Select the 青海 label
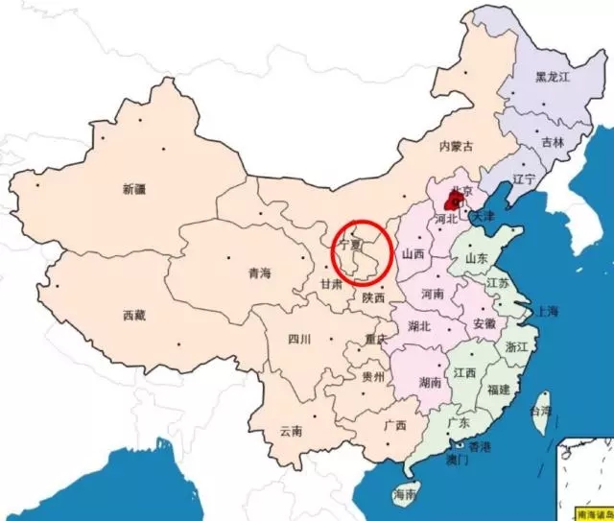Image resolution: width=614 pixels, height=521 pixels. pyautogui.click(x=259, y=272)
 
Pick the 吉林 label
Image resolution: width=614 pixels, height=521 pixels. pyautogui.click(x=553, y=141)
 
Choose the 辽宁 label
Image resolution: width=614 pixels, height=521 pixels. pyautogui.click(x=523, y=178)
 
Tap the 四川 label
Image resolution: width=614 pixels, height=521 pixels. pyautogui.click(x=299, y=339)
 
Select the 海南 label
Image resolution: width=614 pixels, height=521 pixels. pyautogui.click(x=405, y=495)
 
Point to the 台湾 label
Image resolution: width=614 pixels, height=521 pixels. pyautogui.click(x=542, y=412)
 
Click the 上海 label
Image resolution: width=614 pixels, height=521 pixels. pyautogui.click(x=549, y=311)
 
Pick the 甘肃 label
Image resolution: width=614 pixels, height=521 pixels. pyautogui.click(x=333, y=284)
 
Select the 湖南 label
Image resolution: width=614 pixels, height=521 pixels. pyautogui.click(x=431, y=381)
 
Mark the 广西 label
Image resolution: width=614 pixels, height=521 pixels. pyautogui.click(x=394, y=425)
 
